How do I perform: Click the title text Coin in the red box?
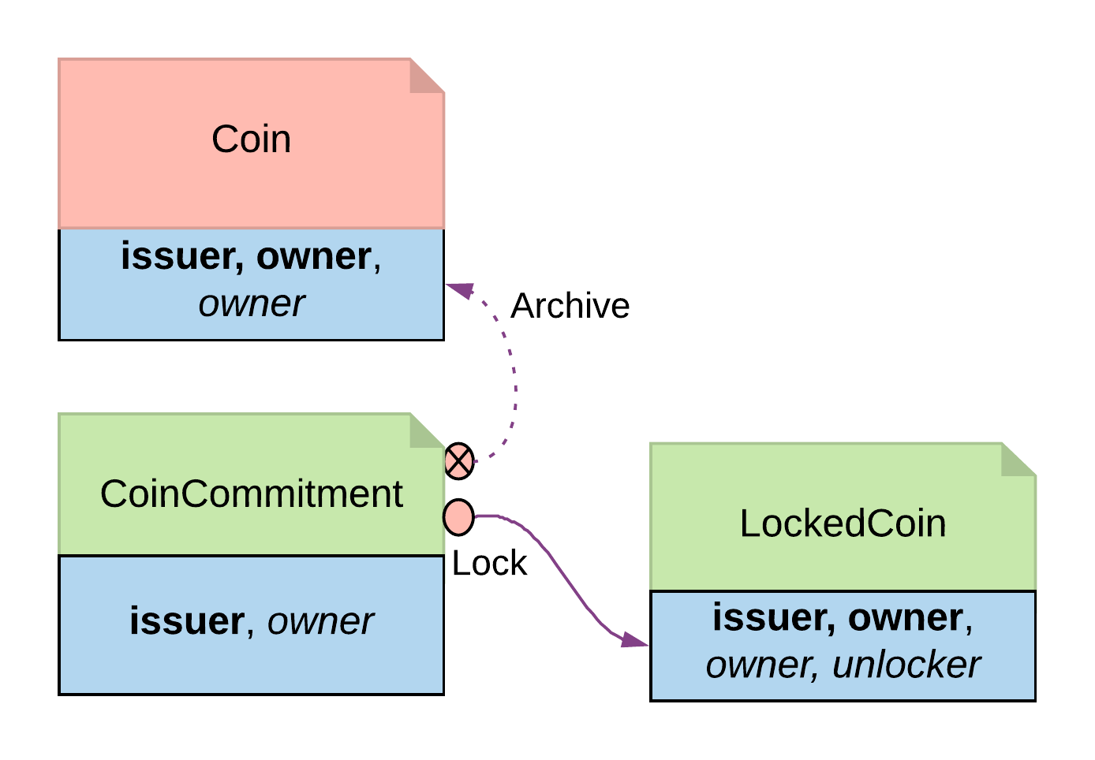tap(251, 140)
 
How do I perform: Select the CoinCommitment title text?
tap(251, 494)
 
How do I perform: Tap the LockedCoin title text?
tap(843, 523)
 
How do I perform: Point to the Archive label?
tap(570, 306)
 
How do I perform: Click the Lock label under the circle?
tap(489, 563)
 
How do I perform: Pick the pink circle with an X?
tap(459, 461)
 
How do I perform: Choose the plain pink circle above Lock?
tap(458, 517)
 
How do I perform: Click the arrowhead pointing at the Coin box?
tap(462, 289)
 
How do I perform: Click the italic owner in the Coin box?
tap(251, 304)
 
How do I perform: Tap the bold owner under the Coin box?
tap(313, 257)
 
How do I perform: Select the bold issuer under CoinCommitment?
tap(187, 621)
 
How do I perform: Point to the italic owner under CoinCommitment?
tap(320, 622)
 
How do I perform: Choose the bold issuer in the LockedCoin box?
tap(772, 618)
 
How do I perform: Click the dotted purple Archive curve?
tap(514, 378)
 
